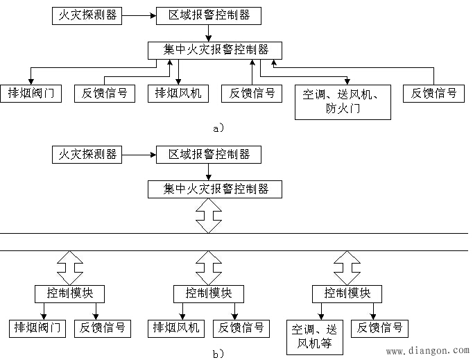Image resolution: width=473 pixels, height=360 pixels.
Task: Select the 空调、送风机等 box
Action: pos(315,336)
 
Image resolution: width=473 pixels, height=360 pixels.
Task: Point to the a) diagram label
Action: pos(218,128)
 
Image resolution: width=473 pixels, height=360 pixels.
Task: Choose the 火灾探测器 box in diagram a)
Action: pos(87,15)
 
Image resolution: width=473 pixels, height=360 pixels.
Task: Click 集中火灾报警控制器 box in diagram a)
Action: pos(216,50)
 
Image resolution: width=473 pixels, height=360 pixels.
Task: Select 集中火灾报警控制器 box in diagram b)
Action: pos(216,189)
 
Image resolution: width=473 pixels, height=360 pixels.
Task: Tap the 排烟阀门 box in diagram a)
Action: pos(31,93)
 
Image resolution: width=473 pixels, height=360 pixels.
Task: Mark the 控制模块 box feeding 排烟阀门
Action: pos(69,293)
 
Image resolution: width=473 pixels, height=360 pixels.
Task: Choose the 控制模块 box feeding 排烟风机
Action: pos(208,293)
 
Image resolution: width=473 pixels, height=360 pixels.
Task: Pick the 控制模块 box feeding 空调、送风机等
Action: pos(347,293)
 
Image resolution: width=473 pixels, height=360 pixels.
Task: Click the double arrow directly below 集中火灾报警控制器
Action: pos(208,216)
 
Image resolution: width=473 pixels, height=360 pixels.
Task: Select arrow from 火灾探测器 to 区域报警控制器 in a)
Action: pos(139,15)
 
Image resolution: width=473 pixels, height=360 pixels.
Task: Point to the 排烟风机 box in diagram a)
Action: pos(178,93)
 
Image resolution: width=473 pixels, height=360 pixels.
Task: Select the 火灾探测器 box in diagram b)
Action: pos(87,153)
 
